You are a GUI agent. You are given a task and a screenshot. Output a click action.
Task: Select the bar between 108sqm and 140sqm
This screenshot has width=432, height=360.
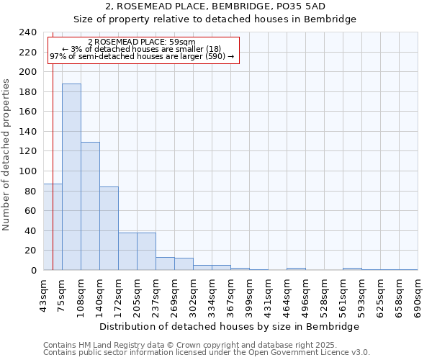point(90,206)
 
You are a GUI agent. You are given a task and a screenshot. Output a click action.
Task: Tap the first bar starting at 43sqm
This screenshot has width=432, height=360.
point(53,227)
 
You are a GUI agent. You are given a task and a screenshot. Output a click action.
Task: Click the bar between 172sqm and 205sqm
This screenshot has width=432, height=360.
point(127,251)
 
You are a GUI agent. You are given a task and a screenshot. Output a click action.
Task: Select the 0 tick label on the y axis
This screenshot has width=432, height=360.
point(33,271)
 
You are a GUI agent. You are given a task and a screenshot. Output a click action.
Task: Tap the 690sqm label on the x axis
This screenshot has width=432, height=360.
point(418,296)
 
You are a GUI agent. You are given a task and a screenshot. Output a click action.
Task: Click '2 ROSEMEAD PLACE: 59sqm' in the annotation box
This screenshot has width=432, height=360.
point(141,42)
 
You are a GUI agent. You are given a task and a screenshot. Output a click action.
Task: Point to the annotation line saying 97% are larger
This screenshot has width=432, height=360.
point(141,56)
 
